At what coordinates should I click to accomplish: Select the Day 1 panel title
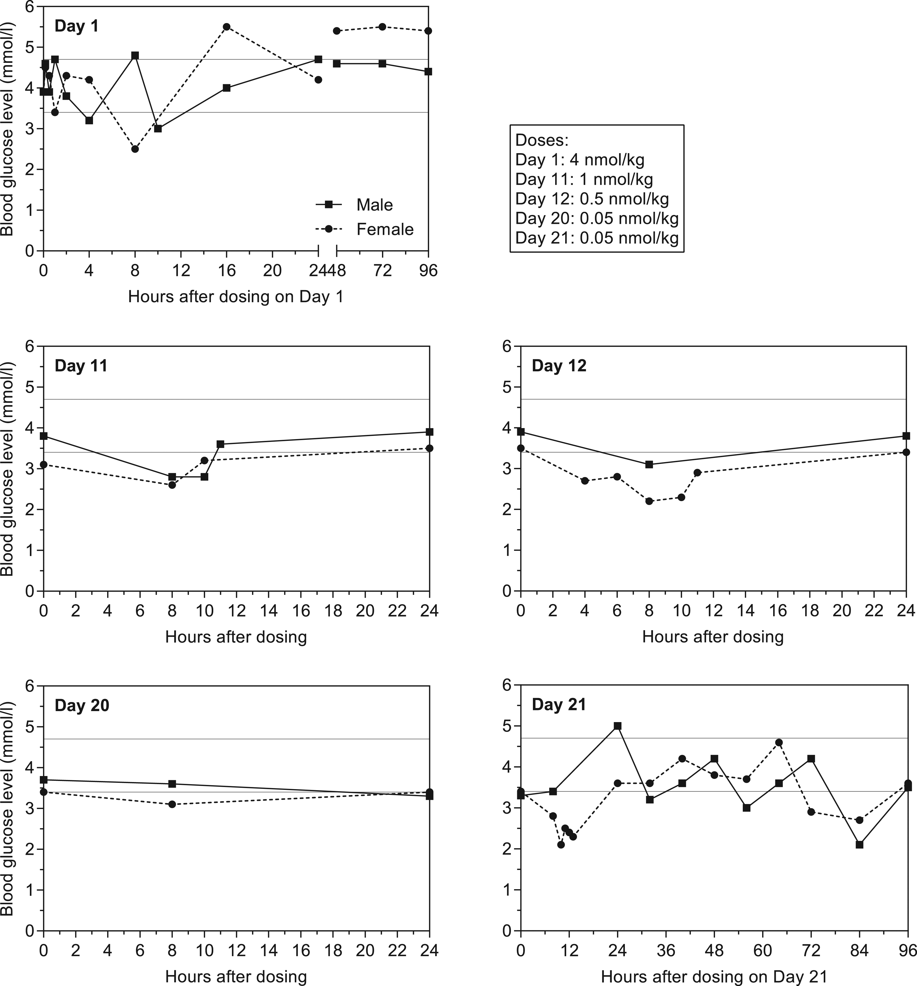pyautogui.click(x=77, y=26)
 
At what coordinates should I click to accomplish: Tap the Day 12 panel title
pyautogui.click(x=559, y=365)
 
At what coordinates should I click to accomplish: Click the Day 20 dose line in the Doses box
pyautogui.click(x=597, y=218)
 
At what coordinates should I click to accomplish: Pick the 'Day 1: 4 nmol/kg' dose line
pyautogui.click(x=580, y=160)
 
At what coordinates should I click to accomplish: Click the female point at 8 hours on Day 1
pyautogui.click(x=135, y=149)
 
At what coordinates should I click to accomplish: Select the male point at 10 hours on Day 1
pyautogui.click(x=158, y=129)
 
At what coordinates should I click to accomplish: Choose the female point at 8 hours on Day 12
pyautogui.click(x=649, y=501)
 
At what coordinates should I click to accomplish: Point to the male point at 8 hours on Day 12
pyautogui.click(x=649, y=464)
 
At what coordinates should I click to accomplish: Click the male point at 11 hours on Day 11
pyautogui.click(x=220, y=444)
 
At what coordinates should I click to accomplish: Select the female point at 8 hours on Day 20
pyautogui.click(x=172, y=804)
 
